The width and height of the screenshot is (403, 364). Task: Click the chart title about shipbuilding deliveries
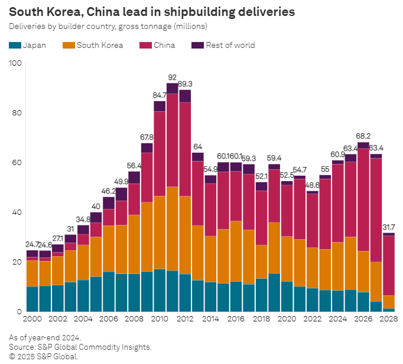tap(152, 11)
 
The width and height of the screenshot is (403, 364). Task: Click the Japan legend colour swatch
tap(15, 45)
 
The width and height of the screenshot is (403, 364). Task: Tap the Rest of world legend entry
tap(230, 45)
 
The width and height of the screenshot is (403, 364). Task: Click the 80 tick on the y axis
tap(16, 112)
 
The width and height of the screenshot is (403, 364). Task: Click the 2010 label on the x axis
tap(159, 318)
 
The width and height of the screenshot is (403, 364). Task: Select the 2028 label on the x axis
tap(388, 318)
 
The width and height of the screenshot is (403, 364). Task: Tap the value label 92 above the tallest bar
tap(173, 78)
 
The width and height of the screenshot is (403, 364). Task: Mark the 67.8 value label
tap(147, 137)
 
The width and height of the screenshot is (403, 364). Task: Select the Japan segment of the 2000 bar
tap(32, 299)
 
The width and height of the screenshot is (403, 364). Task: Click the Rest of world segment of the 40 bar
tap(96, 217)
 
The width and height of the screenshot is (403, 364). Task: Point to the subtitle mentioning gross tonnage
tap(108, 27)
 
